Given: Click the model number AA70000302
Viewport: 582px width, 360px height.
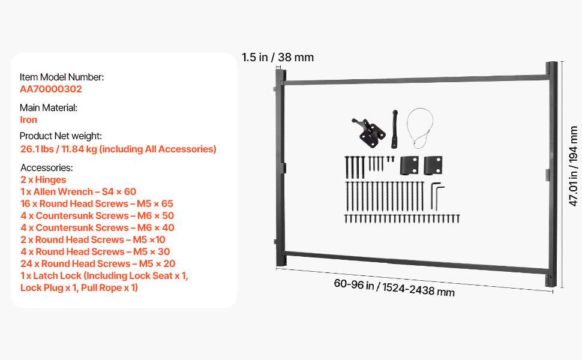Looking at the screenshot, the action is [x=51, y=89].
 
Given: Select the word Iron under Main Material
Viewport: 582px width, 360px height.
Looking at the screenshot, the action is [x=29, y=119].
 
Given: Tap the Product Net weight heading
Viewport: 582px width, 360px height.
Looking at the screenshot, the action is [x=61, y=136].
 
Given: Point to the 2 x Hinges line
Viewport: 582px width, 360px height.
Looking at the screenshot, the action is [x=43, y=179].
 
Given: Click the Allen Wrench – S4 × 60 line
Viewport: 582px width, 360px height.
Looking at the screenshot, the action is [x=79, y=191].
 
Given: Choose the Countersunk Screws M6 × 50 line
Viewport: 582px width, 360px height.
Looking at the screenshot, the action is [x=97, y=215].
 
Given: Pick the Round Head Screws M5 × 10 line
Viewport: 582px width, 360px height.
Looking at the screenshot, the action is [x=93, y=240].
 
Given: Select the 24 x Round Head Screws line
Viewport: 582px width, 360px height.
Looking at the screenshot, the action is [x=98, y=263].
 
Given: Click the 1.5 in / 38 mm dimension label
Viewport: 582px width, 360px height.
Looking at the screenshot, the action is [x=278, y=57].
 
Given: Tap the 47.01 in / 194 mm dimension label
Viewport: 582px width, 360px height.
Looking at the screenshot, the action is [x=573, y=166].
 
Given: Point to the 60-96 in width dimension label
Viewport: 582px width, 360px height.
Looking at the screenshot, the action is [x=394, y=287].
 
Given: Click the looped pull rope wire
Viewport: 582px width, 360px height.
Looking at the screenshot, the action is [x=420, y=128].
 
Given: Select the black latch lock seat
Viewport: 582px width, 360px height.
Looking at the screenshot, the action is [x=368, y=132].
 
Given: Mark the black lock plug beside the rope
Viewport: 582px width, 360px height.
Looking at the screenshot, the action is [x=394, y=129].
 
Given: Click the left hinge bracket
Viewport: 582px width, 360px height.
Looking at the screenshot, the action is [x=409, y=166].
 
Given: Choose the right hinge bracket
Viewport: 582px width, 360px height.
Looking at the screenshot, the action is [x=433, y=166].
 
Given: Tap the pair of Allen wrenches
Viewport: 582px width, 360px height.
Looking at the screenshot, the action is [x=437, y=196].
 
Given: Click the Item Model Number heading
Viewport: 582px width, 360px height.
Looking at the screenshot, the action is [x=62, y=77].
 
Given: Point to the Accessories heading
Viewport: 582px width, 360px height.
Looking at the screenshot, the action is [x=47, y=168].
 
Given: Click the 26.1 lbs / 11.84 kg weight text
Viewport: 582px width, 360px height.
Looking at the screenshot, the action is [x=118, y=149].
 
